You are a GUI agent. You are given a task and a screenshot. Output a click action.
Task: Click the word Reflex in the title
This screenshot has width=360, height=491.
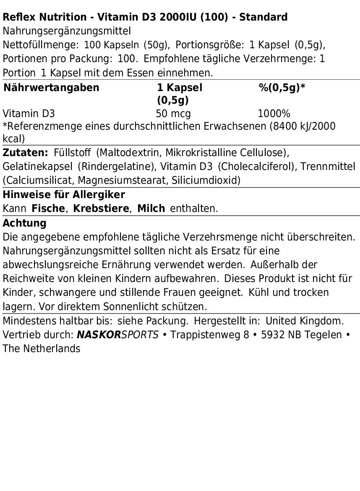pos(17,17)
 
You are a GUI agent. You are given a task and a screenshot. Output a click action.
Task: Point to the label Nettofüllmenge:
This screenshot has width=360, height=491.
pos(41,45)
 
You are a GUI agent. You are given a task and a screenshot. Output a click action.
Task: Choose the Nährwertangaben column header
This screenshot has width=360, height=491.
pos(51,88)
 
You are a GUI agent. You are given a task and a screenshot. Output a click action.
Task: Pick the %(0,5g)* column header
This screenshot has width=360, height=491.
pos(282,88)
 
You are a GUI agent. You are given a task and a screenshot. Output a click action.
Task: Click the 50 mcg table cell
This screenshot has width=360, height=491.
pos(173,114)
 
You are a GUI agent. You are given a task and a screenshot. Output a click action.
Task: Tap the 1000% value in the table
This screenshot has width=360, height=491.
pos(274,114)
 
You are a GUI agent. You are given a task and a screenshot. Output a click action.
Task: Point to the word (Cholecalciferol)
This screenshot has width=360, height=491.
pos(256,166)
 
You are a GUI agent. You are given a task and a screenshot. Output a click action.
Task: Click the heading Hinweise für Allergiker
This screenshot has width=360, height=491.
pos(64,195)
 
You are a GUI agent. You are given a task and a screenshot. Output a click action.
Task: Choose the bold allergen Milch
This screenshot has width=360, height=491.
pos(151,209)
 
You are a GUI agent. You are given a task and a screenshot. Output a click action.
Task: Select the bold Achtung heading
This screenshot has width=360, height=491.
pos(24,223)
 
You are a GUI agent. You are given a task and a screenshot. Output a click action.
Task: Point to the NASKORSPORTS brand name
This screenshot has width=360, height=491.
pos(118,335)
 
